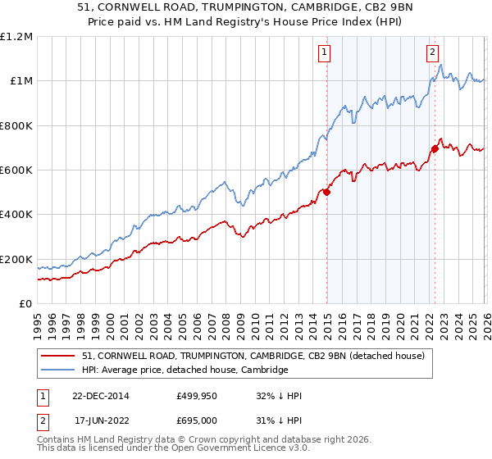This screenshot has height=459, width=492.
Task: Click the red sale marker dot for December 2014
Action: tap(326, 193)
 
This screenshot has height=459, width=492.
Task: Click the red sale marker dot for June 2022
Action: tap(435, 148)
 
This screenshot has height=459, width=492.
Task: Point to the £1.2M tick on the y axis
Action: tap(16, 37)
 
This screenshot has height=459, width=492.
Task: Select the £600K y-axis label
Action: tap(16, 170)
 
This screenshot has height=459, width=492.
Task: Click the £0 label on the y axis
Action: tap(26, 304)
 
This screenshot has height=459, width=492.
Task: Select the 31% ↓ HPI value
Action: tap(279, 420)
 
